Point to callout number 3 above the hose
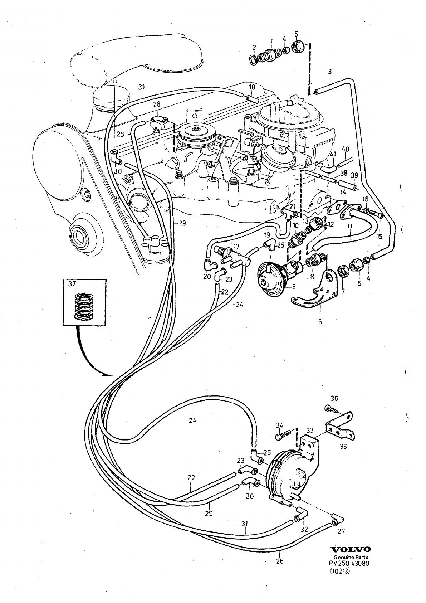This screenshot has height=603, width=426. [330, 72]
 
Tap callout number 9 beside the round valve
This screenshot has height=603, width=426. [294, 287]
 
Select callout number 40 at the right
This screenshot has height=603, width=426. [345, 149]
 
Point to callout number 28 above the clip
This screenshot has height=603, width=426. [157, 104]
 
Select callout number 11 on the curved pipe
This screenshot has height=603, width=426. [350, 226]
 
